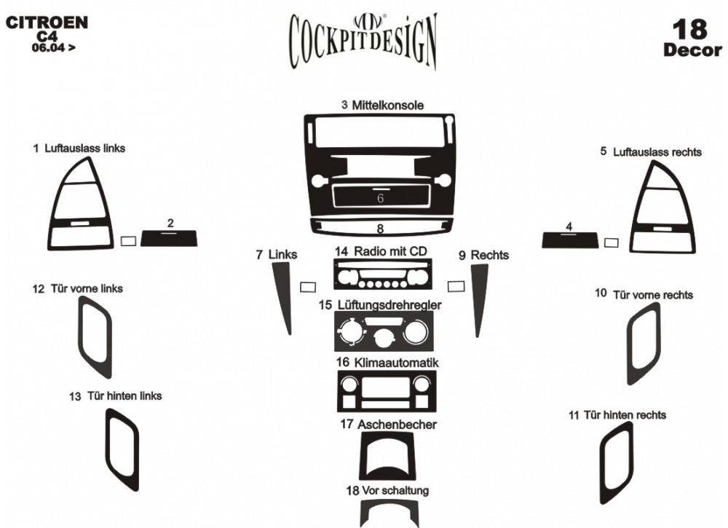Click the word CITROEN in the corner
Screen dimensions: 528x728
(47, 23)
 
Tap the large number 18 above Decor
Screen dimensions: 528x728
(689, 30)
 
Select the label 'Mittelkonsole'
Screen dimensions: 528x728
(387, 106)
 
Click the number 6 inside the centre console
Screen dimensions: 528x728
(380, 198)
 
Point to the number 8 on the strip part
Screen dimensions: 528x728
(380, 229)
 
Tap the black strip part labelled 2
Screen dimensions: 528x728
(169, 238)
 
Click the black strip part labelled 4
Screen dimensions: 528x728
(570, 240)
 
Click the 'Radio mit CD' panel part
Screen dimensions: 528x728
(379, 277)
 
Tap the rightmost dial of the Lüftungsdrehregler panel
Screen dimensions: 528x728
(416, 334)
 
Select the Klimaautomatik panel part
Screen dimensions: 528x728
(386, 391)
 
